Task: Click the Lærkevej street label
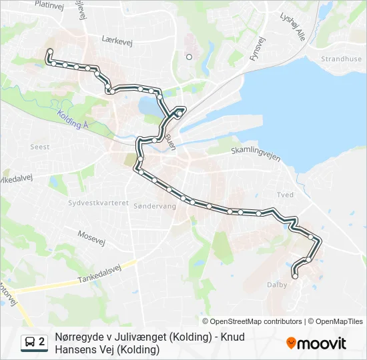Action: point(117,39)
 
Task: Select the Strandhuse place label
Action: point(341,59)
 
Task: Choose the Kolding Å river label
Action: point(73,120)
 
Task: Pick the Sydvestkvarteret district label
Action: point(98,202)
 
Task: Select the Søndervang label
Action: point(155,206)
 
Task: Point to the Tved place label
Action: point(285,195)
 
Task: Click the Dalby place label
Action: point(277,285)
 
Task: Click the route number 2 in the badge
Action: point(42,342)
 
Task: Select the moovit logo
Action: point(316,343)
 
